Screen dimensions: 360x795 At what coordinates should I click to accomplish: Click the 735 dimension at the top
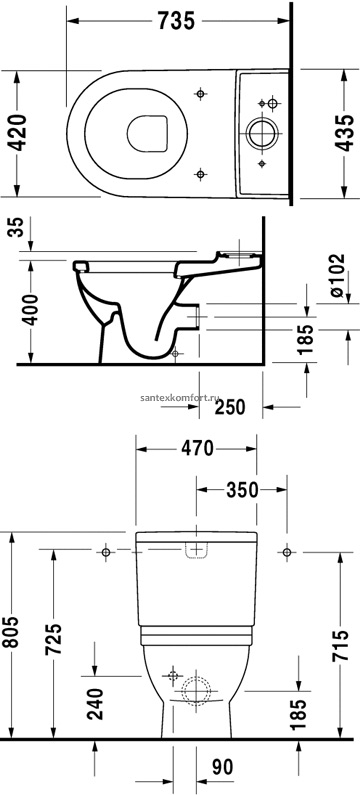click(176, 21)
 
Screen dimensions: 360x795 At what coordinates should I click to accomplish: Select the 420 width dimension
click(19, 133)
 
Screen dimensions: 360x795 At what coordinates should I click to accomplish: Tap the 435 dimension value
click(345, 133)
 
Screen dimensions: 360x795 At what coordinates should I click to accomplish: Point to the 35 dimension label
click(18, 228)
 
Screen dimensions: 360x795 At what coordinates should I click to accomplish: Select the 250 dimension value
click(230, 407)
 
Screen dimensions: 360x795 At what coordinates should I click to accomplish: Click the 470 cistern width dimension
click(198, 449)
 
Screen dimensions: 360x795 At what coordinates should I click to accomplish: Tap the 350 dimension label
click(242, 490)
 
